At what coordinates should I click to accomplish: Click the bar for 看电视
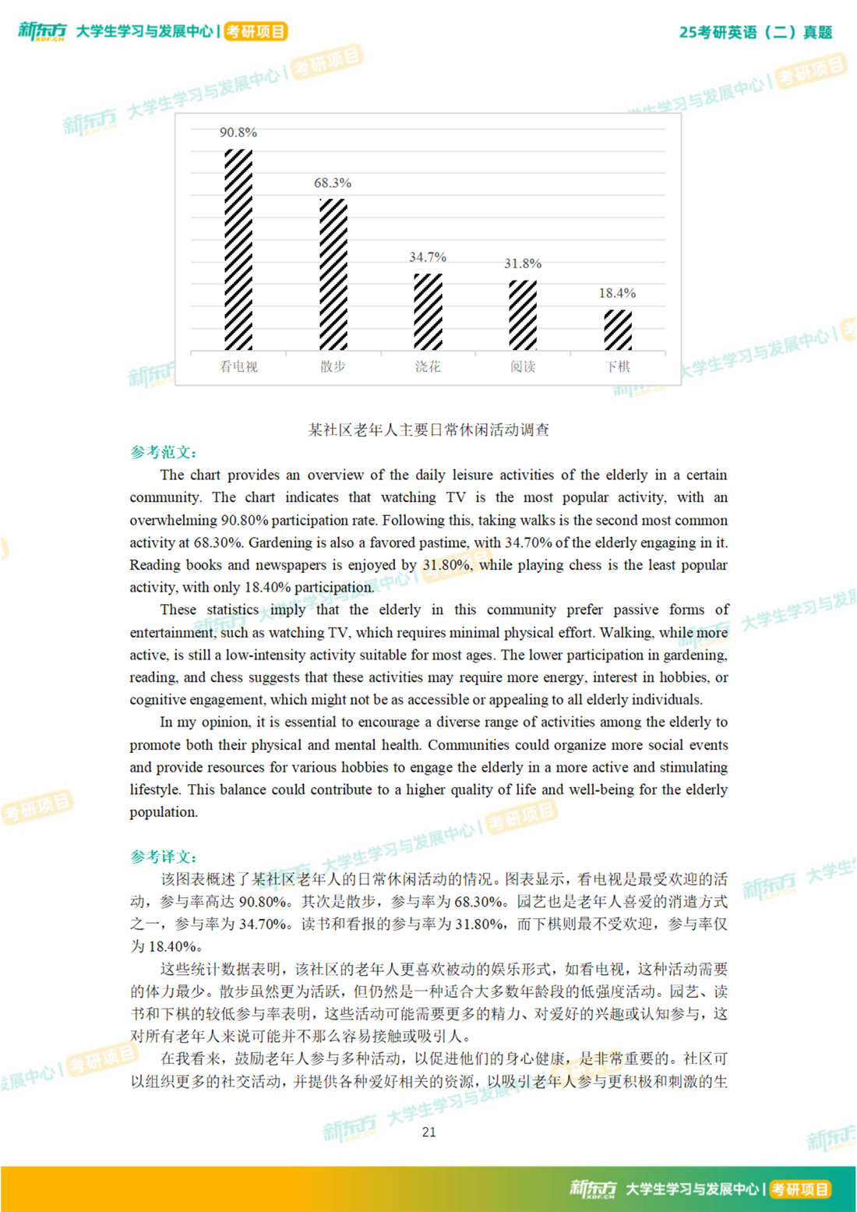coord(238,249)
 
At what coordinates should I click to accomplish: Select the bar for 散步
coord(333,274)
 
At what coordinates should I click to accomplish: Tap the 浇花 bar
coord(428,312)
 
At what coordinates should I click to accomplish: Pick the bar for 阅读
coord(523,315)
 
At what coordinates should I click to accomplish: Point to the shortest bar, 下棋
coord(618,330)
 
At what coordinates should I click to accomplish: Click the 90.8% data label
coord(238,133)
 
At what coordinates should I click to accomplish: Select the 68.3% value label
coord(333,183)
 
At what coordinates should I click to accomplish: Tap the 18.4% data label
coord(617,293)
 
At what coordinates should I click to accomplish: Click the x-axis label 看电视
coord(238,366)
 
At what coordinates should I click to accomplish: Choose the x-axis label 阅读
coord(523,366)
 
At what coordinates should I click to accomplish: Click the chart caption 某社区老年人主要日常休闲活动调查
coord(428,429)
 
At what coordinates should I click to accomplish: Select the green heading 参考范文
coord(163,452)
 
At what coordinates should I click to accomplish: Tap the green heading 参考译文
coord(163,857)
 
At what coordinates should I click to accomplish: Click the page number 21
coord(428,1132)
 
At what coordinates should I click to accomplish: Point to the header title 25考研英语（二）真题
coord(755,32)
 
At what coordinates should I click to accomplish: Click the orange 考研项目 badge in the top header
coord(256,31)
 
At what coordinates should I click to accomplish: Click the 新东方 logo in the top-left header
coord(42,31)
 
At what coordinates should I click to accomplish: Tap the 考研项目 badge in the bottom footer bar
coord(799,1189)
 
